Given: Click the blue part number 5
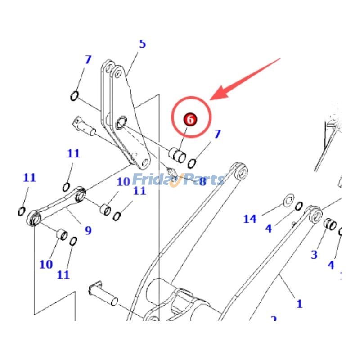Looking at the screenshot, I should point(142,44).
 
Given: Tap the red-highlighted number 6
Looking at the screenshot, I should point(190,120).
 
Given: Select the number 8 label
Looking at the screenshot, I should point(202,181).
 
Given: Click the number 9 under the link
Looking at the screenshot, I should point(88,230).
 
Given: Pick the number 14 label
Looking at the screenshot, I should point(250,219).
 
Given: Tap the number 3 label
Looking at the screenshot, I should point(314,255).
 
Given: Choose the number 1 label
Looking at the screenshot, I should point(299,304).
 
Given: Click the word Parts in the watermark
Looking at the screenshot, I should point(202,180).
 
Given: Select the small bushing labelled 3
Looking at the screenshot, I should point(330,223).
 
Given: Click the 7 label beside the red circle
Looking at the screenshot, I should point(217,134).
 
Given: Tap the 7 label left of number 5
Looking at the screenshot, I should point(88,59).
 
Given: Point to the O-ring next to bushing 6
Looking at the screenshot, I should point(192,162).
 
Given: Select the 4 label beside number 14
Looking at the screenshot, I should point(268,228).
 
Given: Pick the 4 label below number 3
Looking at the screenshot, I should point(331,265).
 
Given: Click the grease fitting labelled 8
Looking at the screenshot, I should point(171,171).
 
